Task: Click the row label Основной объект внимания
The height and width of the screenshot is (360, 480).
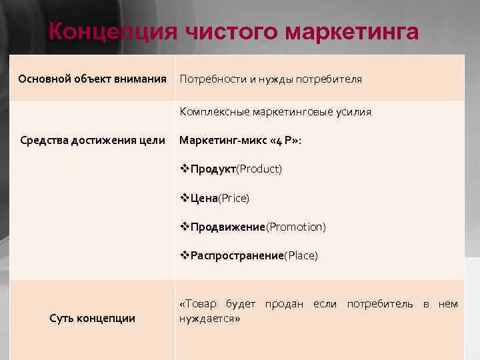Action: (x=92, y=79)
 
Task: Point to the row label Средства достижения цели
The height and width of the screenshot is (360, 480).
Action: (x=93, y=140)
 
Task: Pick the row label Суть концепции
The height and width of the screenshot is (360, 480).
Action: (x=93, y=318)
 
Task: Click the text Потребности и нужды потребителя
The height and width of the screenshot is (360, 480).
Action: (x=271, y=79)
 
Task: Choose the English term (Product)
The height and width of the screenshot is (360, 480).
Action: (x=259, y=169)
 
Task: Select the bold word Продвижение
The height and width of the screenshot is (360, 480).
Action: (x=228, y=227)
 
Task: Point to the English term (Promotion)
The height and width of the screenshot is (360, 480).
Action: (x=296, y=227)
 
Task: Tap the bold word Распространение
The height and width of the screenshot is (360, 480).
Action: (x=237, y=256)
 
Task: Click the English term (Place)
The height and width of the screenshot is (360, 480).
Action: (x=301, y=256)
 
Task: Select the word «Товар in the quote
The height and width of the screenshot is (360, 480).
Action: (x=198, y=305)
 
